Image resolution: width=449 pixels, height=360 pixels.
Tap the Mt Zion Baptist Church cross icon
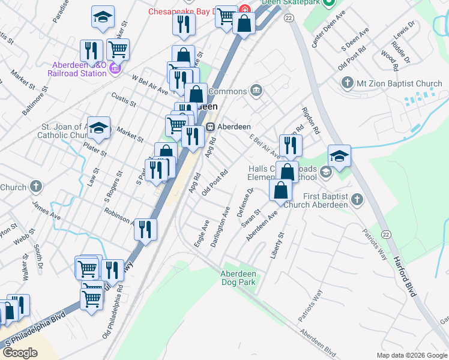[x=347, y=82]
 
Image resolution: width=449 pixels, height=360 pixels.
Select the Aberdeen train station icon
[x=211, y=127]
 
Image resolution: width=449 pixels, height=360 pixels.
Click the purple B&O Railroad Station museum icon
[x=115, y=70]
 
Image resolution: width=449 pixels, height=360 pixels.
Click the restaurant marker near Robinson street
[x=145, y=229]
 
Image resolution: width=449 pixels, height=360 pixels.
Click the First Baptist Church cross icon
[x=357, y=199]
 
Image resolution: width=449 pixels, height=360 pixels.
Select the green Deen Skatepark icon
[x=328, y=3]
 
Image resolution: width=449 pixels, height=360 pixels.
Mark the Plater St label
[x=95, y=149]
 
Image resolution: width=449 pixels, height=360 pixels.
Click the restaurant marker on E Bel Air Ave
[x=291, y=145]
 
